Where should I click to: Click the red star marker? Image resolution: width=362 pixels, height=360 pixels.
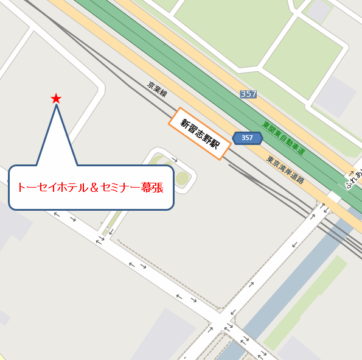(x=56, y=98)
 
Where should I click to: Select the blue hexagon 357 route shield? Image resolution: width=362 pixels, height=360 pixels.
(x=247, y=138)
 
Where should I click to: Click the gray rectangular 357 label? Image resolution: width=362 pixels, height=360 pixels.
(x=248, y=94)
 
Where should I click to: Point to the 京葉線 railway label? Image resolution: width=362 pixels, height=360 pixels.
(x=157, y=91)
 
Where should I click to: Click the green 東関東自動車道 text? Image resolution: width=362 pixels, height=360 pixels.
(x=284, y=138)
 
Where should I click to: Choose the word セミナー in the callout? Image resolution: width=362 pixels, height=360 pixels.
(x=120, y=187)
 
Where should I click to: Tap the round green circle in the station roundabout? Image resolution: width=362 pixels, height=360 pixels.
(x=182, y=178)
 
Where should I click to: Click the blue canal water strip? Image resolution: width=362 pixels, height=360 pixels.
(x=292, y=274)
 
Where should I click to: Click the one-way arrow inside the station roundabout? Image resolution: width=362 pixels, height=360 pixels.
(x=175, y=160)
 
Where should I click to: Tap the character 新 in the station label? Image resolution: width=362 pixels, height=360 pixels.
(x=184, y=122)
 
